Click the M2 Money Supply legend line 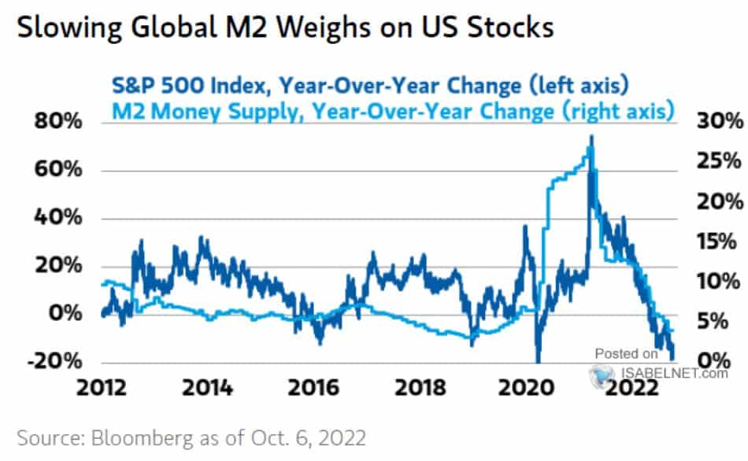click(391, 112)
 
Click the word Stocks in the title click(509, 29)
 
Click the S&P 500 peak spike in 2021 click(591, 138)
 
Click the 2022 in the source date click(346, 437)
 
